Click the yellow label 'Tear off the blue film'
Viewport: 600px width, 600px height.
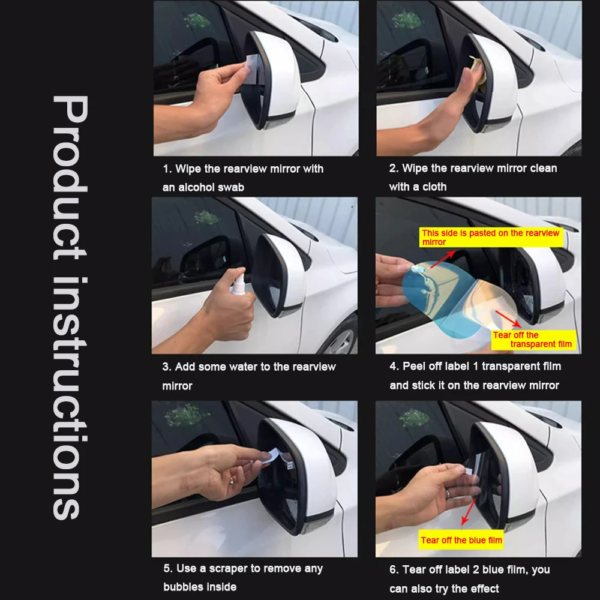(461, 540)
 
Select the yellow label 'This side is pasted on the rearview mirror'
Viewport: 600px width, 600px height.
(491, 237)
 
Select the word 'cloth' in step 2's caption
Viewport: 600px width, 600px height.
(434, 187)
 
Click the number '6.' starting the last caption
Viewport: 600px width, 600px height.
(394, 569)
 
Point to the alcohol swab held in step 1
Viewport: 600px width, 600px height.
(253, 66)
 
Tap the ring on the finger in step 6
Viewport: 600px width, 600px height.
(448, 494)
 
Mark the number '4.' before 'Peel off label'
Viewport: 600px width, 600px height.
(394, 366)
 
